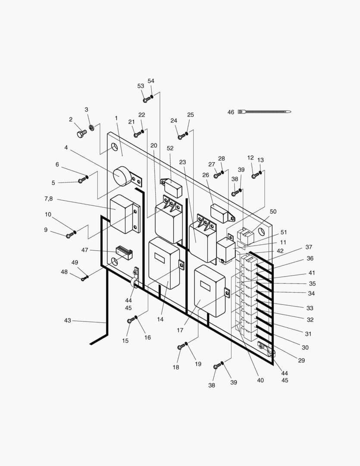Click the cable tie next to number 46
(x=264, y=112)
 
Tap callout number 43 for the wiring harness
(x=68, y=321)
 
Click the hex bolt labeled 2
(x=81, y=134)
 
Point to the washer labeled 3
(x=91, y=128)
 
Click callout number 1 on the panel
(x=116, y=118)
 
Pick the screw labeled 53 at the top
(x=146, y=100)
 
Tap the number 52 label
(x=170, y=148)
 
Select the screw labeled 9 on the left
(x=69, y=235)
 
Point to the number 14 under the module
(x=160, y=320)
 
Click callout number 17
(x=180, y=331)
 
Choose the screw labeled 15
(x=131, y=321)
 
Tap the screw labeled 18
(x=181, y=347)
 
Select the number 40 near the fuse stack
(x=260, y=381)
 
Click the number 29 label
(x=301, y=360)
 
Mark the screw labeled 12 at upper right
(x=254, y=176)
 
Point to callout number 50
(x=273, y=211)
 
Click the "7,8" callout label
(x=48, y=198)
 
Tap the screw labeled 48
(x=84, y=279)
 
